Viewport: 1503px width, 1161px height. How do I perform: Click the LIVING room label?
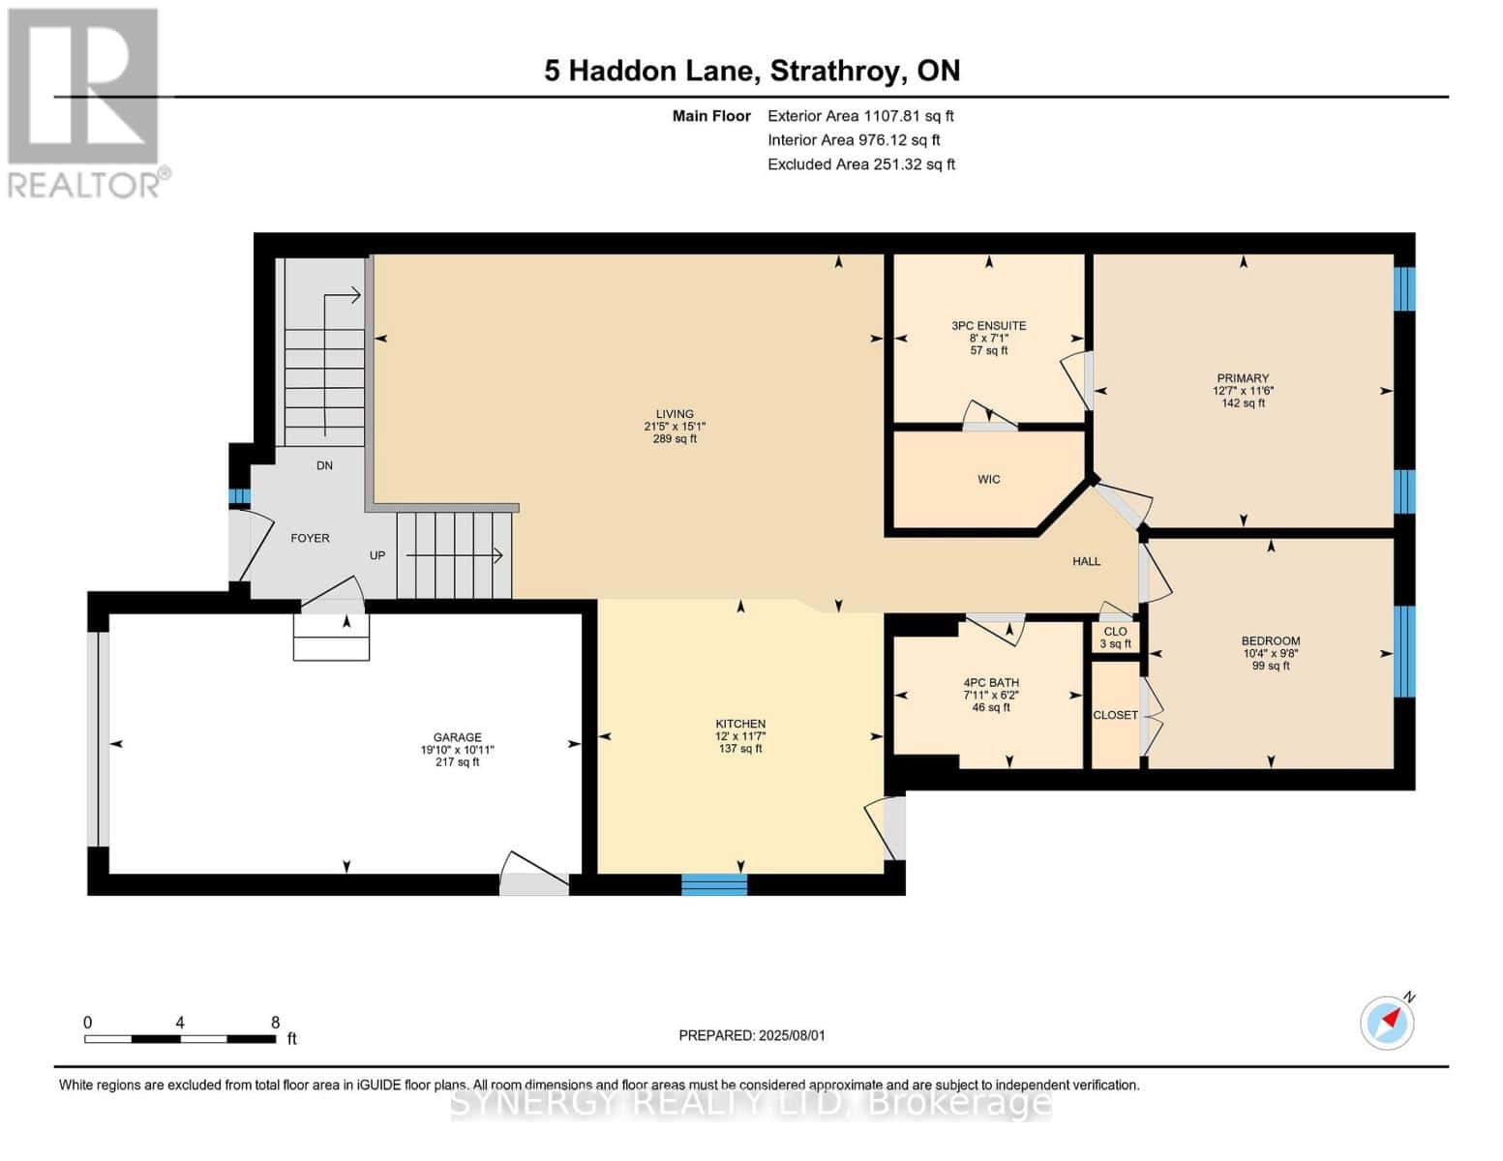click(675, 414)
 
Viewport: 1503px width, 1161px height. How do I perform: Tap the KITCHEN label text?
click(740, 724)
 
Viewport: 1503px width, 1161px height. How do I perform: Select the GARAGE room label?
click(457, 737)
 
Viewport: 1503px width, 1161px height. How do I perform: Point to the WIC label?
click(988, 480)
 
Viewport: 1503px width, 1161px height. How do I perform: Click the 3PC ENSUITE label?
click(988, 326)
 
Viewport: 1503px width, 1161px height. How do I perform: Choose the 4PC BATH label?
click(990, 683)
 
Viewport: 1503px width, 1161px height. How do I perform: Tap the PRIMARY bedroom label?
click(1243, 378)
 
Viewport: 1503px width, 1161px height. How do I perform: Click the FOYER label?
click(310, 538)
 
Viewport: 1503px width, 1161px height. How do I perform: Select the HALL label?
click(1086, 561)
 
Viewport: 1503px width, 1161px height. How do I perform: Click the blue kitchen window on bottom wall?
click(714, 884)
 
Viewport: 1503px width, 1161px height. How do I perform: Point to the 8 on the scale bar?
click(275, 1023)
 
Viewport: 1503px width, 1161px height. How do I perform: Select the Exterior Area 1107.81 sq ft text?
click(860, 116)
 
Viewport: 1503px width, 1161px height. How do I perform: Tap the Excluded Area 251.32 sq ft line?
click(860, 164)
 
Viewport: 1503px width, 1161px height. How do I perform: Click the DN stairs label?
click(324, 465)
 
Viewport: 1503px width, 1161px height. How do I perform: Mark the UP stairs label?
click(377, 555)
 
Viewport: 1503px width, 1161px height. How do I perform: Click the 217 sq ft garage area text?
click(457, 762)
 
